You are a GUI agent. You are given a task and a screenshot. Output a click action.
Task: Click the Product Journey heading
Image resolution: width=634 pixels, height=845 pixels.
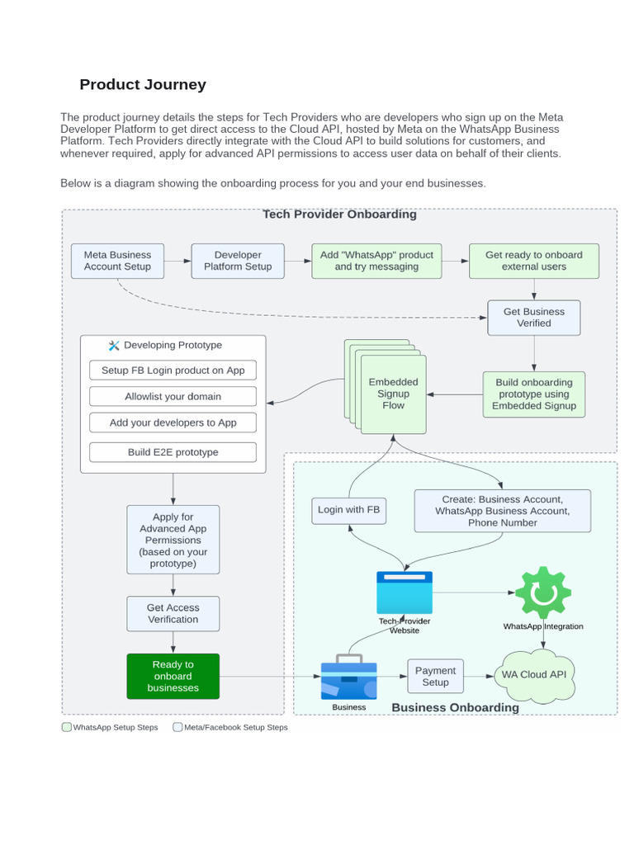[143, 85]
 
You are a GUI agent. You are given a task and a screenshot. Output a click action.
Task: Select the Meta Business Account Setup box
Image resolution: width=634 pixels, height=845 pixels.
[117, 261]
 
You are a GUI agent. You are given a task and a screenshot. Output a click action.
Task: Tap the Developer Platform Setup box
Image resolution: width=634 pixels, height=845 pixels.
[238, 261]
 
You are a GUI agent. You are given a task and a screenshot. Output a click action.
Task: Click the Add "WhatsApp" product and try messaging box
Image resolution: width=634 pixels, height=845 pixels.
[376, 261]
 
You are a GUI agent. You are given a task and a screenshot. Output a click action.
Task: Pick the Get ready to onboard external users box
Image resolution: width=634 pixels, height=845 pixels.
[534, 261]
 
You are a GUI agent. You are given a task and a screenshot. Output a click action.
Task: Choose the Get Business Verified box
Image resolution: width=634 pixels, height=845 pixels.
[534, 318]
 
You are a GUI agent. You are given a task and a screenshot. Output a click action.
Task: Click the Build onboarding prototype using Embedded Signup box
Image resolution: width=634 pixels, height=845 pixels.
[534, 394]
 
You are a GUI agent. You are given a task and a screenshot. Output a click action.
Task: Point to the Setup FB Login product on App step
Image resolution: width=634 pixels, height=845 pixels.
[173, 371]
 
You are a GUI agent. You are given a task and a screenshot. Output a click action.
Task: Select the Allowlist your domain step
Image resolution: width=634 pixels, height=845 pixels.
[173, 396]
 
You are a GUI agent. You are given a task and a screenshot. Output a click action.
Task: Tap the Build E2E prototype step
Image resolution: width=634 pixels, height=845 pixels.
[173, 452]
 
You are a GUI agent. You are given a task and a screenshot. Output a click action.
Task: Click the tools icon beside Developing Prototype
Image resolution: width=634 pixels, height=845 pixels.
[114, 346]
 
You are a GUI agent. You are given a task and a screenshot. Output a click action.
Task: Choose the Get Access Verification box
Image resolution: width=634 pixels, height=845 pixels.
[173, 613]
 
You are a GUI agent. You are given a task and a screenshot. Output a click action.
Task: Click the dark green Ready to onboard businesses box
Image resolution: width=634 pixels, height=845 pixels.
[173, 677]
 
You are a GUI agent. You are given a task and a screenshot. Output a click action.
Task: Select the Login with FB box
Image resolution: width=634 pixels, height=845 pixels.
[349, 510]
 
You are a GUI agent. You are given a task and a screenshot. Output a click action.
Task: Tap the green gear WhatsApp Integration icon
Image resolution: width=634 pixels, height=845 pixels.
[543, 592]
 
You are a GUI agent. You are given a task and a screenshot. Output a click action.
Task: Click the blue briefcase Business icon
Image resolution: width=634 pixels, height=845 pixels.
[349, 677]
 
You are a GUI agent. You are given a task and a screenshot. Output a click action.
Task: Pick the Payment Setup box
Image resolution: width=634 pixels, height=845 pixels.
[436, 676]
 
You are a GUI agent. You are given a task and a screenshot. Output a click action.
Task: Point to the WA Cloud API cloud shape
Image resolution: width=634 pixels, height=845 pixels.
[534, 676]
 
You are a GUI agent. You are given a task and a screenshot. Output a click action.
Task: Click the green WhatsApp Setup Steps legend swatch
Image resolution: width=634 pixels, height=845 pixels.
[67, 727]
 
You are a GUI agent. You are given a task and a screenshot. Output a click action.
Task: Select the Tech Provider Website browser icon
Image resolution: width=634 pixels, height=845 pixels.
[405, 592]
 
